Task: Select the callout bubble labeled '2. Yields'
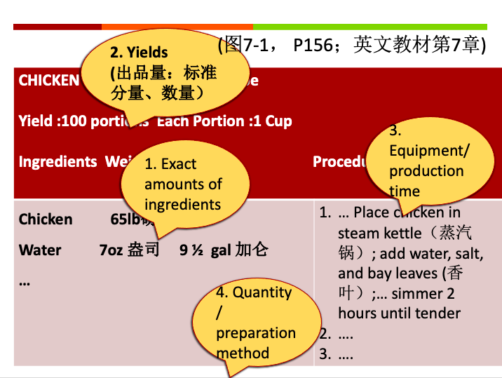pyautogui.click(x=165, y=73)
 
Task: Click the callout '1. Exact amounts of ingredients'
pyautogui.click(x=184, y=184)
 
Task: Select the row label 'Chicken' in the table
pyautogui.click(x=46, y=220)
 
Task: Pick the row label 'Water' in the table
pyautogui.click(x=40, y=250)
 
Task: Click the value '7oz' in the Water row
pyautogui.click(x=111, y=250)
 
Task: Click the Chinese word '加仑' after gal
pyautogui.click(x=252, y=250)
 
